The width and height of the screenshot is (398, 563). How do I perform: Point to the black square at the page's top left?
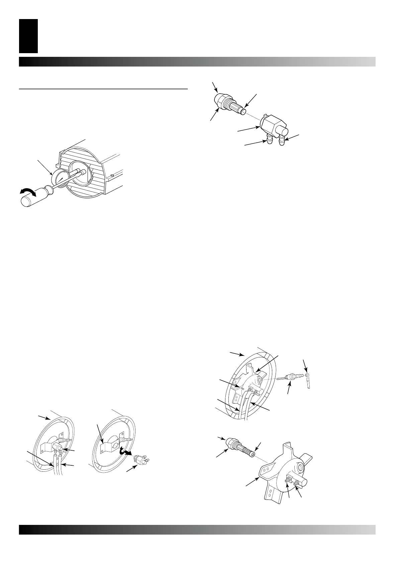click(x=28, y=36)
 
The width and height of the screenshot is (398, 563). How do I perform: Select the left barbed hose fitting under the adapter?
click(x=269, y=141)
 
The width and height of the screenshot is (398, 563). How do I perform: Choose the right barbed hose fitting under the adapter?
click(x=282, y=141)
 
